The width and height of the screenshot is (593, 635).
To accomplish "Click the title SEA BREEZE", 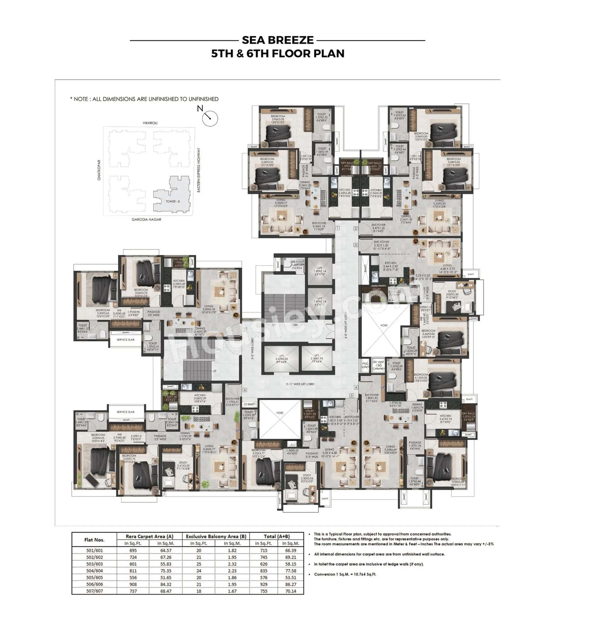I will pos(278,40).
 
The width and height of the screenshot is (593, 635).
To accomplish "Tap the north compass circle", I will pos(210,118).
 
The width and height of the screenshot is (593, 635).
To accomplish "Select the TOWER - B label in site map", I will pos(173,201).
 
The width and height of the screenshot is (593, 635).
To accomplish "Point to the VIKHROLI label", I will pos(150,123).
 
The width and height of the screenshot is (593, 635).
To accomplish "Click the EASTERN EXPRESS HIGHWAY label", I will pos(199,170).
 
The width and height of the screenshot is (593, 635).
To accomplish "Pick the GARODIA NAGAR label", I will pos(146,219).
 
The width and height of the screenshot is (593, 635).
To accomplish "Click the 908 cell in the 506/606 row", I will pos(133,584).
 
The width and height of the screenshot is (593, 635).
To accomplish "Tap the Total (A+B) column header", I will pos(276,536).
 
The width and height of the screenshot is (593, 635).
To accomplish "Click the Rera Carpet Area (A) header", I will pos(149,536).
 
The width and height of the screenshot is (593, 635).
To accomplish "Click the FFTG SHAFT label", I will pos(365,365).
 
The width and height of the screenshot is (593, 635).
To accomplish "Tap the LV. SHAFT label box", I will pos(250,404).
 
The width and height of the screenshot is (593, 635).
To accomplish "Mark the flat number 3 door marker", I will pos(356,245).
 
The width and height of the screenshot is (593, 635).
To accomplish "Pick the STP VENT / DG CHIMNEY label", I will pos(378,365).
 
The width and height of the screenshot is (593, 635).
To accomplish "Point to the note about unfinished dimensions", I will pos(144,99).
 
